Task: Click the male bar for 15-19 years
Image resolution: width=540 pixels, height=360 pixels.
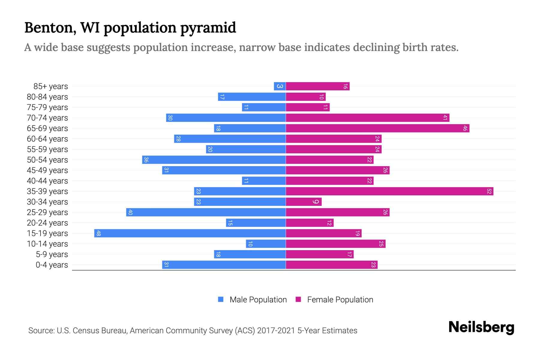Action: point(190,233)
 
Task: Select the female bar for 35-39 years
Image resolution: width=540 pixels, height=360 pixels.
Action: point(389,191)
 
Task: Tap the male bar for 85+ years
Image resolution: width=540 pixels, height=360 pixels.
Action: point(280,86)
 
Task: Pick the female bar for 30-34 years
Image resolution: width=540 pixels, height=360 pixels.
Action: point(304,202)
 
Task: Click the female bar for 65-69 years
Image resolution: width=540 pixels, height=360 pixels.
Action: point(377,128)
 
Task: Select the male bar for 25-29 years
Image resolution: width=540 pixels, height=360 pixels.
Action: point(206,212)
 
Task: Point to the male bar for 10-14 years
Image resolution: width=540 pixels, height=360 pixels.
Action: point(266,244)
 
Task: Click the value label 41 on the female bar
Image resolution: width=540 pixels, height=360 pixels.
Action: point(445,118)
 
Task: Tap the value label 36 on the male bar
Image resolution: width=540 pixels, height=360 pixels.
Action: point(146,160)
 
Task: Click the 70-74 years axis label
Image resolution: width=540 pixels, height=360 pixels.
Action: point(47,118)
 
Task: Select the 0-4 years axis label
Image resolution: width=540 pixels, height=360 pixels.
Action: point(52,265)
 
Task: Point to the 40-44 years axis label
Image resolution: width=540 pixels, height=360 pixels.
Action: point(47,181)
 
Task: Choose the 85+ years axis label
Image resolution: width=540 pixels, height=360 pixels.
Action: point(51,86)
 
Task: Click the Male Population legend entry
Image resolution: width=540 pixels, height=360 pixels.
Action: point(258,300)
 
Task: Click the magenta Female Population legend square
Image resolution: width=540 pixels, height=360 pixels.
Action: point(298,299)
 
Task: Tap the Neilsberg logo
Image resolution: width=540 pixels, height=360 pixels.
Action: point(481,327)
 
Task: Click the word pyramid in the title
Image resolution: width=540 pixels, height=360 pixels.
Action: point(208,28)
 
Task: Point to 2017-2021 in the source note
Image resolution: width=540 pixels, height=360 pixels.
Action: point(276,331)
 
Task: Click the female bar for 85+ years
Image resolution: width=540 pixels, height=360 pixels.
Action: point(317,86)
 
